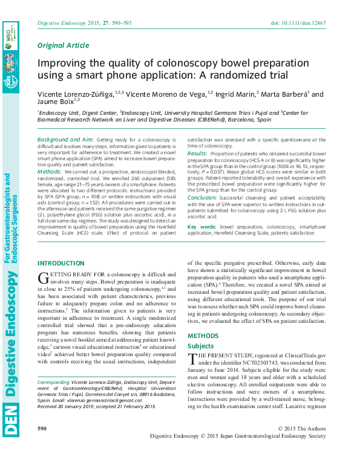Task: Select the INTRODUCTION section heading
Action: (61, 263)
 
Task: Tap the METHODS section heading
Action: (203, 336)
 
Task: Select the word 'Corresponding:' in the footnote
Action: (54, 383)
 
